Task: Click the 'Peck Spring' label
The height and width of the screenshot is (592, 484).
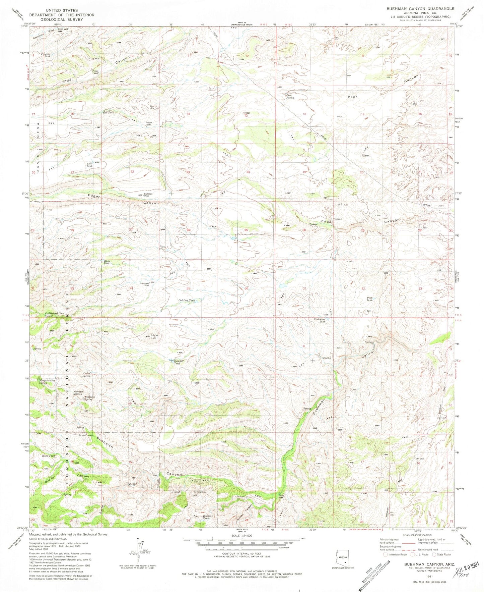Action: tap(290, 97)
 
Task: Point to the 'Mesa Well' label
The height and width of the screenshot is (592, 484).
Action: tap(148, 123)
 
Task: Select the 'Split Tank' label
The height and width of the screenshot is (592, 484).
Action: tap(89, 165)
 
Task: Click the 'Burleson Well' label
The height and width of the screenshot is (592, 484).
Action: tap(148, 195)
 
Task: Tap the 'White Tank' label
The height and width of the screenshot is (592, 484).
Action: tap(107, 262)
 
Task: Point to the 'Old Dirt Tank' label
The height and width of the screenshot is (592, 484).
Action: tap(187, 301)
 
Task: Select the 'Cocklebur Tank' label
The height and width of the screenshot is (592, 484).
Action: tap(322, 320)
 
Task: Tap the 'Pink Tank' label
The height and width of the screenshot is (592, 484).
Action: tap(369, 299)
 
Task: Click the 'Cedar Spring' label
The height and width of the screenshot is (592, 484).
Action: tap(86, 375)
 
